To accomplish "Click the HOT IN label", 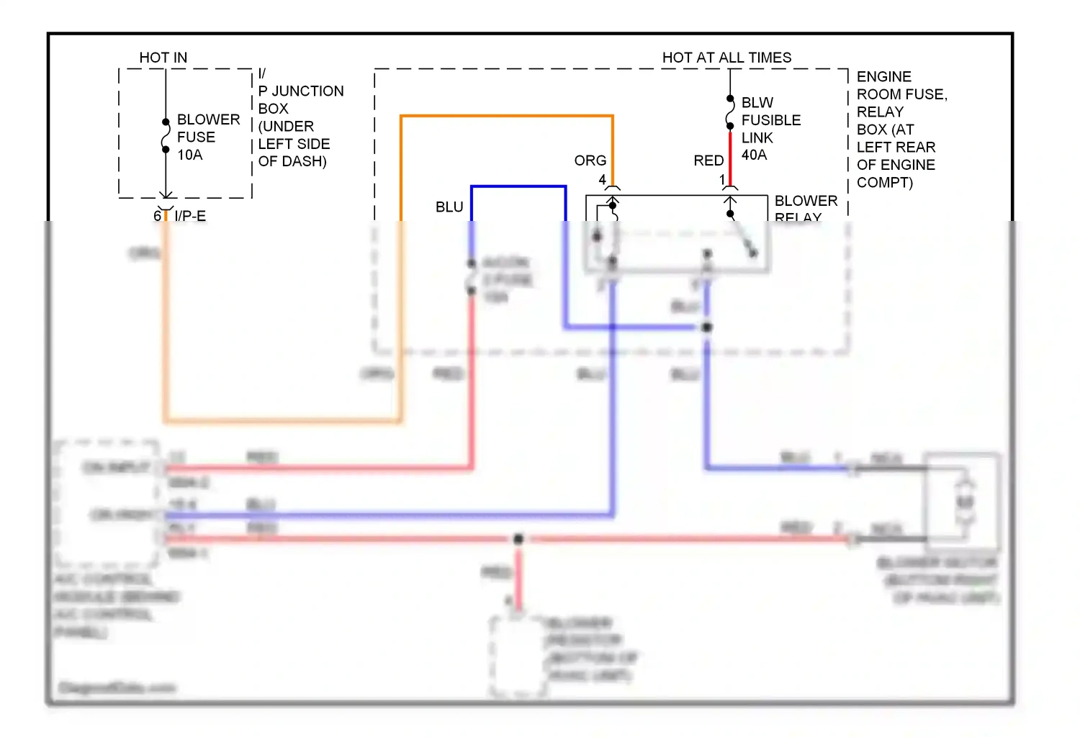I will click(x=163, y=58).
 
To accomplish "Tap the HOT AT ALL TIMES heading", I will click(x=726, y=58).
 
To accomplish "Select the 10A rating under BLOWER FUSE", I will click(x=190, y=155).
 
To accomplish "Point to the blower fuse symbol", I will click(x=166, y=137).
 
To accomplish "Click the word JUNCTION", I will click(x=307, y=91).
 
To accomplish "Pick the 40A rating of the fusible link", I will click(x=754, y=155).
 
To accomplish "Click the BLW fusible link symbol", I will click(x=730, y=112).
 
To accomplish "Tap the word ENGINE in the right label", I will click(x=883, y=77).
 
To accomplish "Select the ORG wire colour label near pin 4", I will click(x=590, y=160).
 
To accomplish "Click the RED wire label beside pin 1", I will click(x=708, y=160).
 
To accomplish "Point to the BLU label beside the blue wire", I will click(x=449, y=207).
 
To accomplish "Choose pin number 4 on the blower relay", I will click(x=603, y=180).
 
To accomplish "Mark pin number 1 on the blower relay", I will click(x=722, y=180).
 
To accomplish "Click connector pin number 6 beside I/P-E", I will click(x=157, y=216).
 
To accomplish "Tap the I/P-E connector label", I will click(x=190, y=216).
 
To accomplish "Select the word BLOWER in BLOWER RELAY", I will click(x=806, y=201).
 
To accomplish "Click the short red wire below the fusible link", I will click(x=730, y=158).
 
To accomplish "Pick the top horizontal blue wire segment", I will click(x=518, y=186).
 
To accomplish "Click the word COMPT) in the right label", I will click(x=884, y=183).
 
